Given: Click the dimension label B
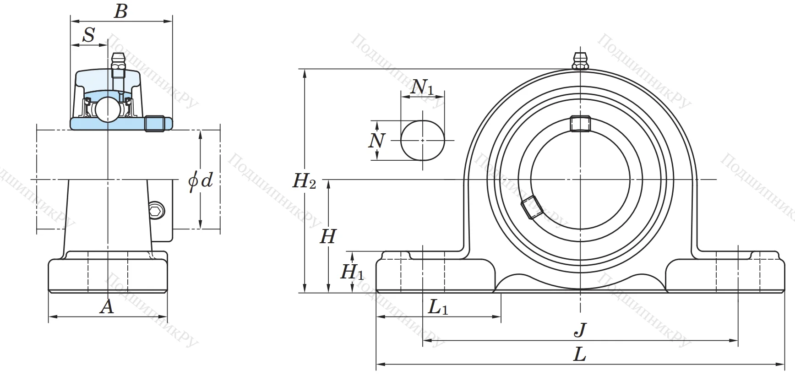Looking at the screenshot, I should [121, 11].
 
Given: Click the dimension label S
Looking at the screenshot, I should [89, 35].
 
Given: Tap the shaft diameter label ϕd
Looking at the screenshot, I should [201, 180].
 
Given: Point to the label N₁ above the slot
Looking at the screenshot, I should [422, 87].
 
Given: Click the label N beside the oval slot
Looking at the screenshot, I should [376, 141].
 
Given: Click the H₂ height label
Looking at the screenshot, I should [304, 181].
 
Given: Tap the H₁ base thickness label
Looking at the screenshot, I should [352, 272].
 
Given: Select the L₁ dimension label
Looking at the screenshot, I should [438, 307].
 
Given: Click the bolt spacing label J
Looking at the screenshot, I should [580, 330].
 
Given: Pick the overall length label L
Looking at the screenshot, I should [580, 354].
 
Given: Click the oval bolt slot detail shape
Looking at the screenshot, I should [422, 140].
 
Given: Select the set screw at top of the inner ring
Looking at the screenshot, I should [580, 124].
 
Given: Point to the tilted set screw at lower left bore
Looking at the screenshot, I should [532, 207].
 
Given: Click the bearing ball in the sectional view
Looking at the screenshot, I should [107, 109].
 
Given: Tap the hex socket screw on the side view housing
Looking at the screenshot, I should [156, 211].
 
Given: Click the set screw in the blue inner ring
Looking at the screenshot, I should [154, 123].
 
